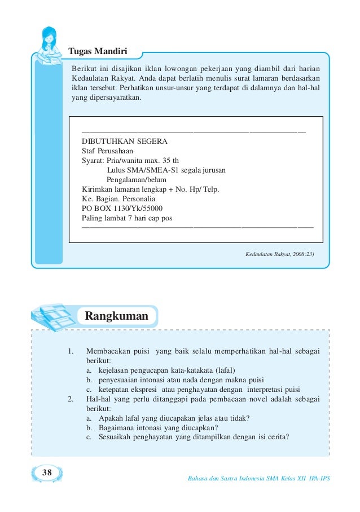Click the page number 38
(x=47, y=472)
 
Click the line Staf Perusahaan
(x=108, y=151)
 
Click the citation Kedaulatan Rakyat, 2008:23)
(x=279, y=254)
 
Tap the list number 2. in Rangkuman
(x=70, y=399)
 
